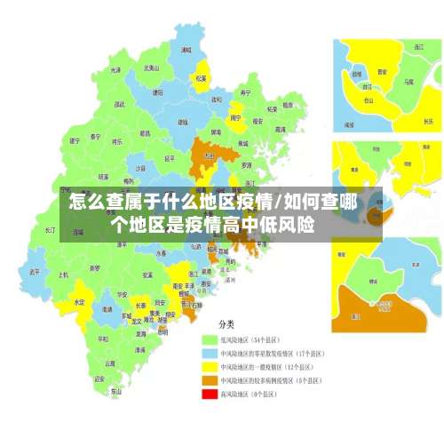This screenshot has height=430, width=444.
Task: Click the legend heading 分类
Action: (227, 324)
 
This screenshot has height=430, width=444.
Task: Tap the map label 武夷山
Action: (152, 68)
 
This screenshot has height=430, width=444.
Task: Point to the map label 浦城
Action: (186, 51)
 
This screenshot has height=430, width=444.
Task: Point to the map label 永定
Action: (79, 302)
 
